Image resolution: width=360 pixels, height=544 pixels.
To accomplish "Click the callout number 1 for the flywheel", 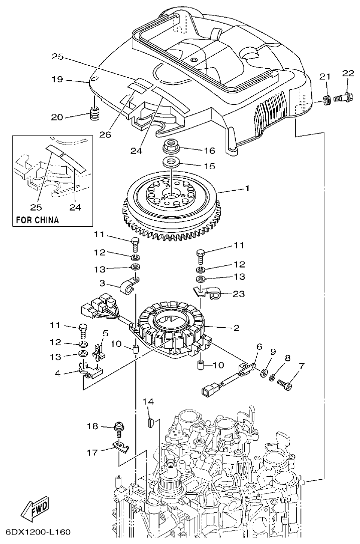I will (x=247, y=189).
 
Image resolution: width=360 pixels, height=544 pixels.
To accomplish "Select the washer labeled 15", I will (x=172, y=162).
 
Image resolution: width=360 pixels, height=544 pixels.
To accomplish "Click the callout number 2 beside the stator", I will (x=235, y=329).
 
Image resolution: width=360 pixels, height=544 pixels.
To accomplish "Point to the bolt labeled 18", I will (x=119, y=427).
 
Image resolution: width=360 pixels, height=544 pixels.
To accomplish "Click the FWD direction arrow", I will (x=34, y=510).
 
